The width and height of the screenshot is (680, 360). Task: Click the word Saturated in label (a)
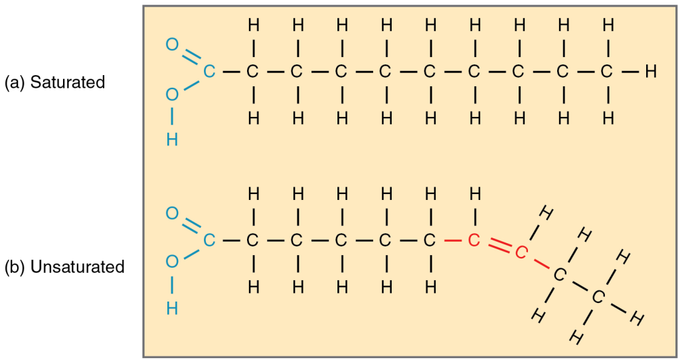pos(68,82)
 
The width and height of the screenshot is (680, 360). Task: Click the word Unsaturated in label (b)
pos(77,267)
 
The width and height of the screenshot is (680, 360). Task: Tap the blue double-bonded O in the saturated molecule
pos(172,45)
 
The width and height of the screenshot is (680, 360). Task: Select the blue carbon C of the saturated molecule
pos(209,71)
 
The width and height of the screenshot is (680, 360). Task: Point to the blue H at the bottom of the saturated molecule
pos(172,139)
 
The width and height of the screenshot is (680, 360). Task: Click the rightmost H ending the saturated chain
pos(651,71)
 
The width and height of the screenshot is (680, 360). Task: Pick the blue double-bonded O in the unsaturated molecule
pos(172,213)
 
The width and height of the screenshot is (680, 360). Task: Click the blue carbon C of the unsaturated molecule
pos(209,240)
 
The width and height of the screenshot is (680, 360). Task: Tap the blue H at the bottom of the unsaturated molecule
pos(172,308)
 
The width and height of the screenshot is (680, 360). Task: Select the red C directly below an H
pos(473,240)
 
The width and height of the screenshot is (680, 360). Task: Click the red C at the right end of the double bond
pos(521,252)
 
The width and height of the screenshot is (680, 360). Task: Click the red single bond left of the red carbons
pos(452,240)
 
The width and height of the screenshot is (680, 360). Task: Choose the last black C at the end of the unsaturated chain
pos(598,297)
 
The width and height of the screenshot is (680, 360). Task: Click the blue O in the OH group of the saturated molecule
pos(172,94)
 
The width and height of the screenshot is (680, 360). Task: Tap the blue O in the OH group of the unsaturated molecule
pos(172,262)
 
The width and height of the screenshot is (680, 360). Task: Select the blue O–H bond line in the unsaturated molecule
pos(172,286)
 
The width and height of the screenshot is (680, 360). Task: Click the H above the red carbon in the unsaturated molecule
pos(475,194)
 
